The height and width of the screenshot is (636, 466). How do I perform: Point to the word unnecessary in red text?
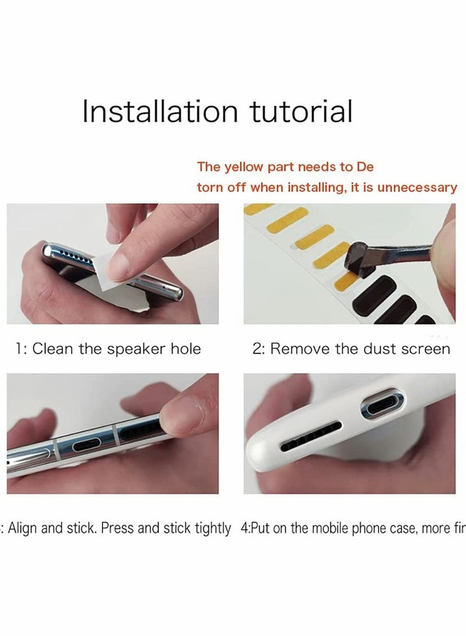[x=418, y=188]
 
